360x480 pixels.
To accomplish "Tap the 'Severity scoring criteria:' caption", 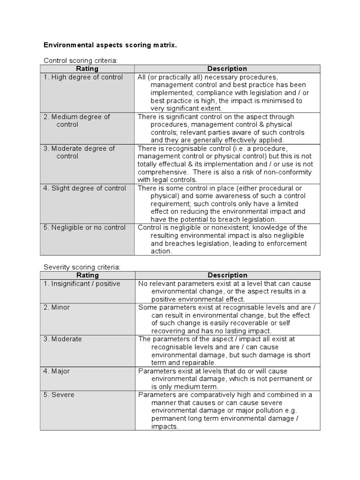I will pyautogui.click(x=82, y=267).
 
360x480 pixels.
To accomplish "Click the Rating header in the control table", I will pyautogui.click(x=87, y=69).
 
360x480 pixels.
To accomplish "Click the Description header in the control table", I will pyautogui.click(x=227, y=69).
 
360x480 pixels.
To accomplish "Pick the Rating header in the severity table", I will pyautogui.click(x=87, y=275).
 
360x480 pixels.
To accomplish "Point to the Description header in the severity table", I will pyautogui.click(x=227, y=275).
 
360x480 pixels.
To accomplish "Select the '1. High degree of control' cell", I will pyautogui.click(x=83, y=77).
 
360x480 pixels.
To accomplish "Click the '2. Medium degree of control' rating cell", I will pyautogui.click(x=77, y=120).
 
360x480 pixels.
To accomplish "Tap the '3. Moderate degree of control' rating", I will pyautogui.click(x=79, y=152).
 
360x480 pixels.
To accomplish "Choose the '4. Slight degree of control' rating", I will pyautogui.click(x=85, y=188).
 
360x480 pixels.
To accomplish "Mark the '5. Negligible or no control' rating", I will pyautogui.click(x=85, y=228).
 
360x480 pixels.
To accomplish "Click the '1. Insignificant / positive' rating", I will pyautogui.click(x=82, y=284).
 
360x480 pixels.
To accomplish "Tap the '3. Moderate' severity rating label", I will pyautogui.click(x=62, y=339).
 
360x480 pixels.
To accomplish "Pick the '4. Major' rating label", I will pyautogui.click(x=57, y=371).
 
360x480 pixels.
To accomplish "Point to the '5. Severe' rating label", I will pyautogui.click(x=59, y=395).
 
